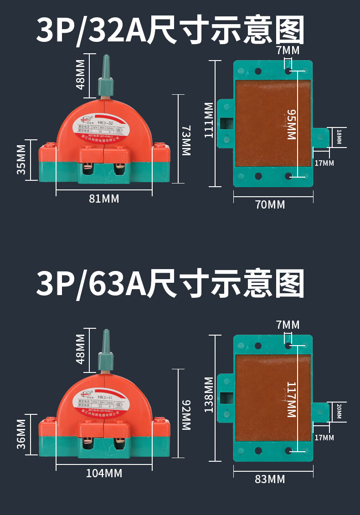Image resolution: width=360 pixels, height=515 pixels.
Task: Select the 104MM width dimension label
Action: tap(104, 473)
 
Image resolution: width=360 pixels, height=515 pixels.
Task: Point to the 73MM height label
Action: tap(185, 140)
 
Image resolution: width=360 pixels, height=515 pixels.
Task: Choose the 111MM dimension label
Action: tap(209, 120)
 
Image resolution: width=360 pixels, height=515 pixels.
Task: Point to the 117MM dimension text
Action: tap(292, 399)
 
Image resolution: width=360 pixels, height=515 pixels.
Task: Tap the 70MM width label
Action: tap(270, 205)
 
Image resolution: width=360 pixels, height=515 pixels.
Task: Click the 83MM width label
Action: tap(270, 479)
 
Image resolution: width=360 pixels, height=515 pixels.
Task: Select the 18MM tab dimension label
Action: tap(339, 137)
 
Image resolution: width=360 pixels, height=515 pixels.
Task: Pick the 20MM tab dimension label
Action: tap(339, 411)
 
